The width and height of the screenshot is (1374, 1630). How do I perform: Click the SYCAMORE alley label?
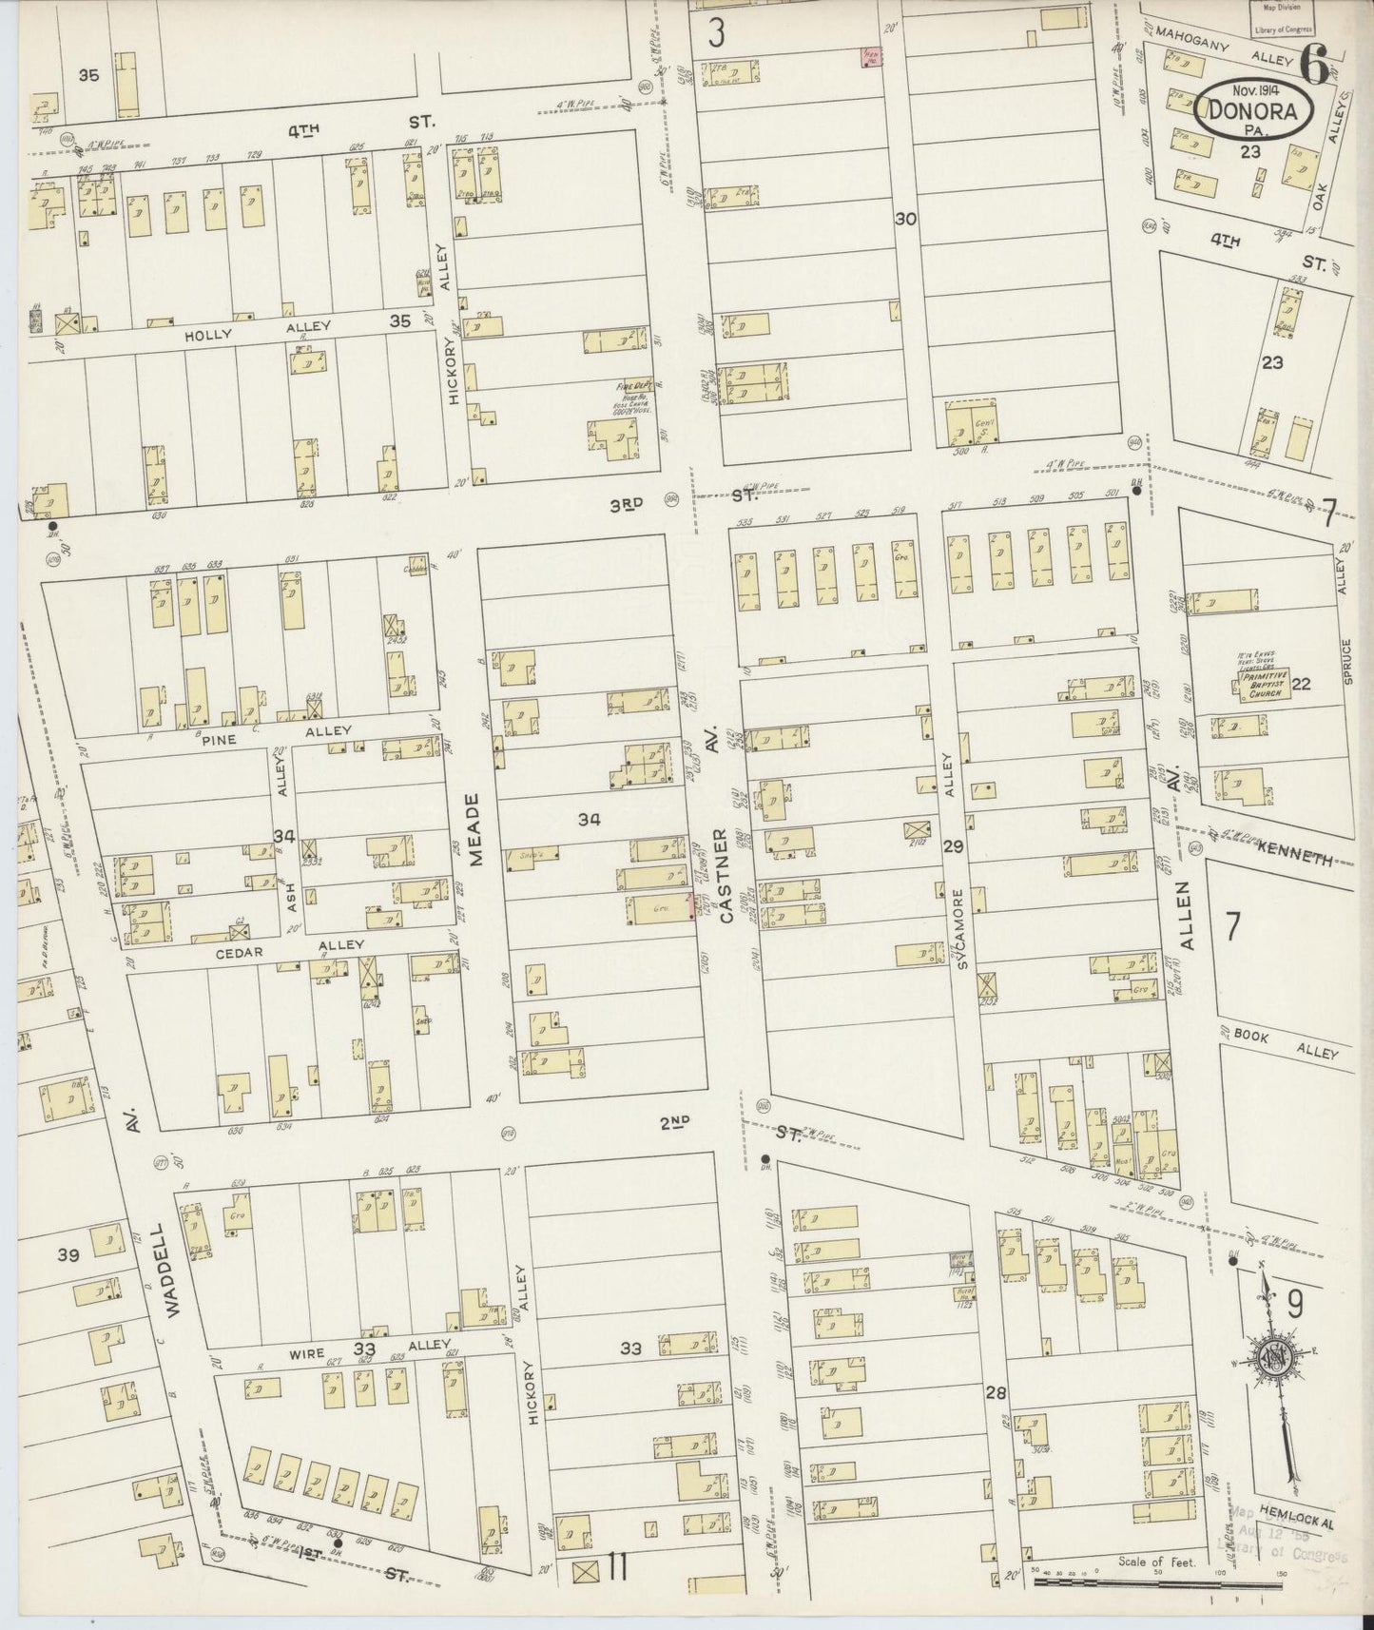963,928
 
